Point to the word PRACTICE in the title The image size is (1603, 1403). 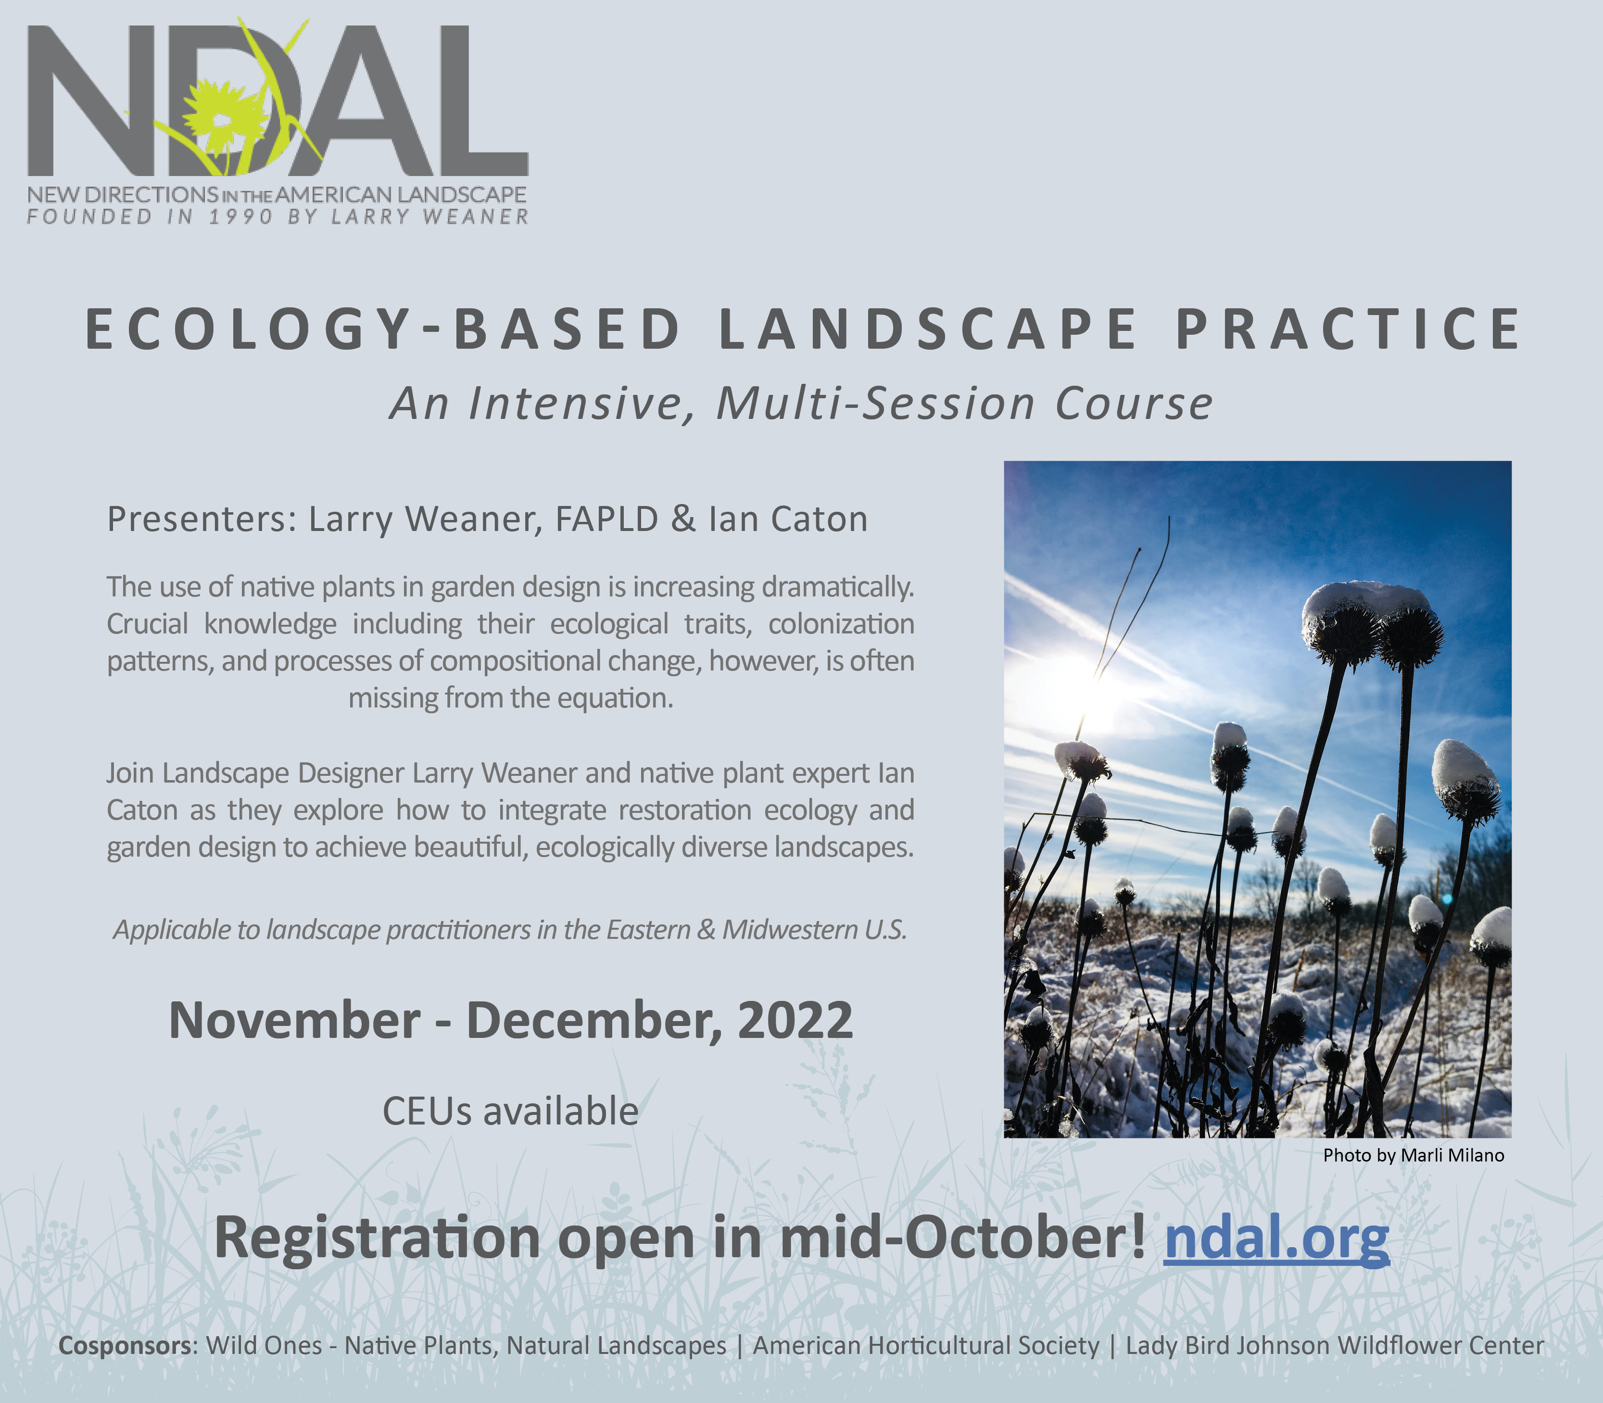[1348, 328]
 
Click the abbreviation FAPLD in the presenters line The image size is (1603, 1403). [606, 519]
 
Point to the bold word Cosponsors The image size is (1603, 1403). [125, 1346]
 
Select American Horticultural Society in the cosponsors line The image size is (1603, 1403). [926, 1346]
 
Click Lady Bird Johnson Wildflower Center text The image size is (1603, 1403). [1335, 1346]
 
